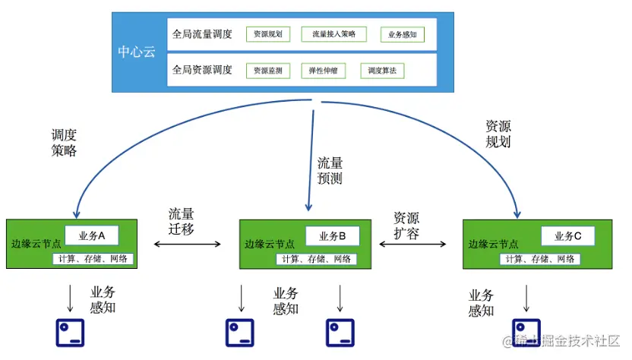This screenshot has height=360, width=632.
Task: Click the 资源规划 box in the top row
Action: (x=268, y=34)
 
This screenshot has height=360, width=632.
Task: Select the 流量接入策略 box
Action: (x=333, y=34)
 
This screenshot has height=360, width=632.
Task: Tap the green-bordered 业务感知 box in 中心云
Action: (x=403, y=35)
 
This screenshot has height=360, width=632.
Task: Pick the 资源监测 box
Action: (x=268, y=71)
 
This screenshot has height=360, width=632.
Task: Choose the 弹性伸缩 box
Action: (x=324, y=71)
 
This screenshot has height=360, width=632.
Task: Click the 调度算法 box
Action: (x=382, y=71)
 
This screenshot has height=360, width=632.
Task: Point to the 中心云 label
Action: (x=137, y=52)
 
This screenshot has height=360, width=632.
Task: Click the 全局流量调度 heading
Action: (x=202, y=34)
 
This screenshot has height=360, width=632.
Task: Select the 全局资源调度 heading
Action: (x=202, y=70)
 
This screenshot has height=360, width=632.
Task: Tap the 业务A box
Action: (x=92, y=235)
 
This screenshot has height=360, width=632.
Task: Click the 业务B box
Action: (x=333, y=236)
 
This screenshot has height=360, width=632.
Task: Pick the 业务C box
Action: (x=568, y=236)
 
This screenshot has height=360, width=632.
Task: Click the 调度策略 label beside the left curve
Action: (x=64, y=142)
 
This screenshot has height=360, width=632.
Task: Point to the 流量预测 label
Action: (x=330, y=171)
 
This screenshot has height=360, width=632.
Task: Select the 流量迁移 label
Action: (x=181, y=221)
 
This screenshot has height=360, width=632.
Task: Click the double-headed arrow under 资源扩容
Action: (x=412, y=244)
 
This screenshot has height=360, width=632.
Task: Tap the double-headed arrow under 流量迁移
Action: (x=188, y=244)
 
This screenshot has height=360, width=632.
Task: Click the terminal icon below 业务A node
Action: (x=70, y=333)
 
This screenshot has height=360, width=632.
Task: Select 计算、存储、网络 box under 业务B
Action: (x=317, y=259)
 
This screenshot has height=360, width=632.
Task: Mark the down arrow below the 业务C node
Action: (x=526, y=298)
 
